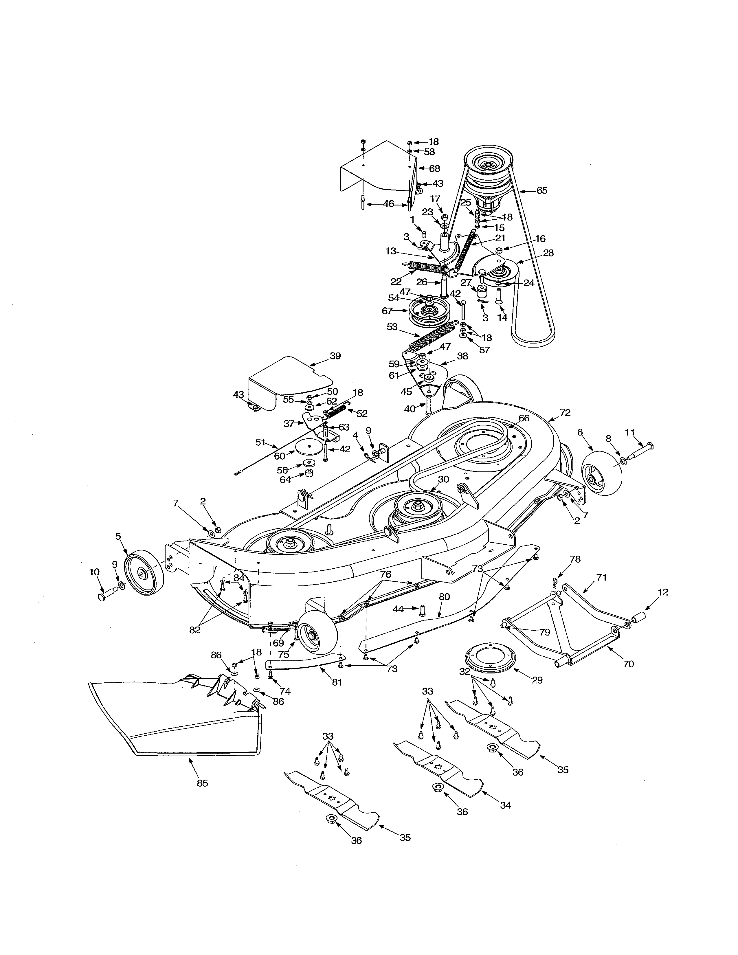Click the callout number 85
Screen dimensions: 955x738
[202, 783]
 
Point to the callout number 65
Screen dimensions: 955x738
[542, 191]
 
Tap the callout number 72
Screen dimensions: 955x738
[565, 412]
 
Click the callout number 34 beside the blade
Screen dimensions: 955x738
[505, 805]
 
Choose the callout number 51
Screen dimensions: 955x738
[260, 442]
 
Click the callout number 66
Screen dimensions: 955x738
[524, 418]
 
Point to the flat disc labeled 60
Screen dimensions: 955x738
[310, 446]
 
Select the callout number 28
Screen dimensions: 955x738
[548, 253]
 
